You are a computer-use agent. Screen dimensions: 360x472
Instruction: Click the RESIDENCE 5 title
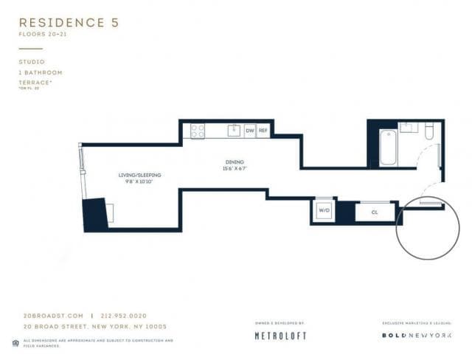point(69,23)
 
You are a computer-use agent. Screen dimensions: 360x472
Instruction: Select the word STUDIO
point(32,62)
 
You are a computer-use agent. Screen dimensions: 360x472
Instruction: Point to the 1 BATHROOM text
point(41,72)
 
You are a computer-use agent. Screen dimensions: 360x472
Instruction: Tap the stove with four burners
point(198,131)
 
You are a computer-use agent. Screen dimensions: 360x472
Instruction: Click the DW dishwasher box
point(250,131)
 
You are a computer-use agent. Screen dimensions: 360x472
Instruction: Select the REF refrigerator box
point(263,131)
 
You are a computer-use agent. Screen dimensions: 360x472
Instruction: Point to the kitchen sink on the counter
point(233,131)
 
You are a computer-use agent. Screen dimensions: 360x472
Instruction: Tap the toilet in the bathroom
point(429,130)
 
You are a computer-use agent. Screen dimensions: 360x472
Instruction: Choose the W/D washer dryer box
point(324,211)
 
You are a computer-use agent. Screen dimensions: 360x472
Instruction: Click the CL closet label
point(374,212)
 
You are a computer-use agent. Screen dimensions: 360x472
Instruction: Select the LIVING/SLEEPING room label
point(139,175)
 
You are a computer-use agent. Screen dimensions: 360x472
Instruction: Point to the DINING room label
point(235,162)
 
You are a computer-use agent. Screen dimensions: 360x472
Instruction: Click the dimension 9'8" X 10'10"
point(139,181)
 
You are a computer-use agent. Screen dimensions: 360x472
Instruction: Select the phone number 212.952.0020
point(124,316)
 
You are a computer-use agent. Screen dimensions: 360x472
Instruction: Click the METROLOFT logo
point(280,336)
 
